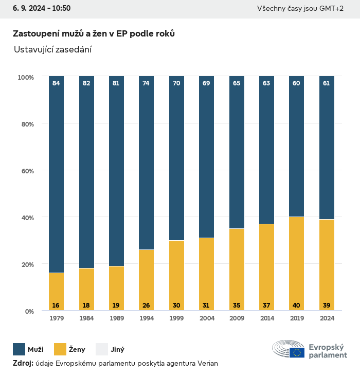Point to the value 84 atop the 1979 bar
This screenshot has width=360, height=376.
56,83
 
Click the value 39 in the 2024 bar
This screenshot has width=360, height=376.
326,306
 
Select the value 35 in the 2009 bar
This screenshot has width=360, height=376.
236,306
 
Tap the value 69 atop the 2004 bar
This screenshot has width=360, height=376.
206,83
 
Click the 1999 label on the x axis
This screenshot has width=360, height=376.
176,318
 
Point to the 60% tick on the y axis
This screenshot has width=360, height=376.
26,171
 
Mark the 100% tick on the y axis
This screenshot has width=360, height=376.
25,77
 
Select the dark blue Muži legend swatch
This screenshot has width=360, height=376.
19,350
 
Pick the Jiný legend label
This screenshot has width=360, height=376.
118,350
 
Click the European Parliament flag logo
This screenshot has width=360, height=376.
297,352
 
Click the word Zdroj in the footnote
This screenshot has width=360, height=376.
23,364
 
